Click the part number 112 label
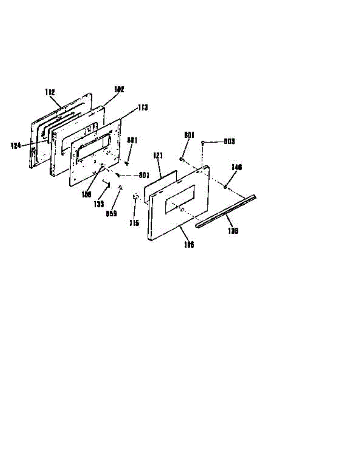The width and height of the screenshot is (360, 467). click(49, 92)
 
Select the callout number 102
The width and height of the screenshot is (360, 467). click(119, 89)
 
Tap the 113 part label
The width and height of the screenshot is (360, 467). click(142, 108)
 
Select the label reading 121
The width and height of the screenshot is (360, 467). click(158, 156)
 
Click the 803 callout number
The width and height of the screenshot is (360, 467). click(229, 142)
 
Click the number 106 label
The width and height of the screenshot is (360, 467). click(188, 244)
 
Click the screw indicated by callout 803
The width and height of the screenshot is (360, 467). click(203, 143)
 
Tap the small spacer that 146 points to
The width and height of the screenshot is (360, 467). click(226, 187)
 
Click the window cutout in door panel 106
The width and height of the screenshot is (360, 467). click(180, 199)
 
